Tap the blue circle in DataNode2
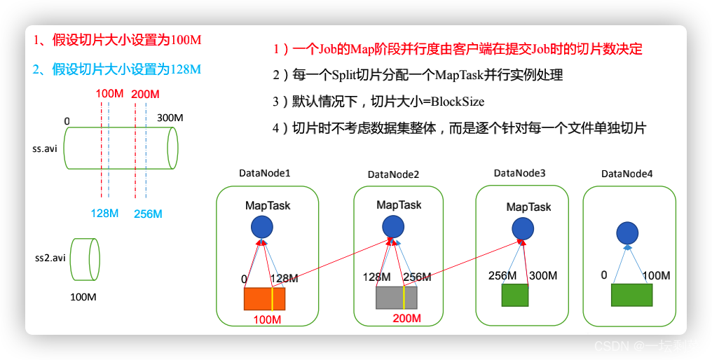pos(392,226)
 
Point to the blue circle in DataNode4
pos(627,233)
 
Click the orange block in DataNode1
pos(264,299)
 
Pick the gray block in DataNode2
pos(397,298)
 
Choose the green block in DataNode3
pos(515,295)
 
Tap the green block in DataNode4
pos(631,295)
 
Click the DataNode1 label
pos(265,172)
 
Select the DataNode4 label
pos(627,173)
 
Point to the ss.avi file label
pos(45,148)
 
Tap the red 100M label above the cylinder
pos(109,94)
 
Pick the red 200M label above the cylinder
pos(145,94)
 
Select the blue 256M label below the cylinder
pos(148,214)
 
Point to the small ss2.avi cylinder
pos(85,258)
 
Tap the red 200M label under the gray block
pos(407,319)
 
